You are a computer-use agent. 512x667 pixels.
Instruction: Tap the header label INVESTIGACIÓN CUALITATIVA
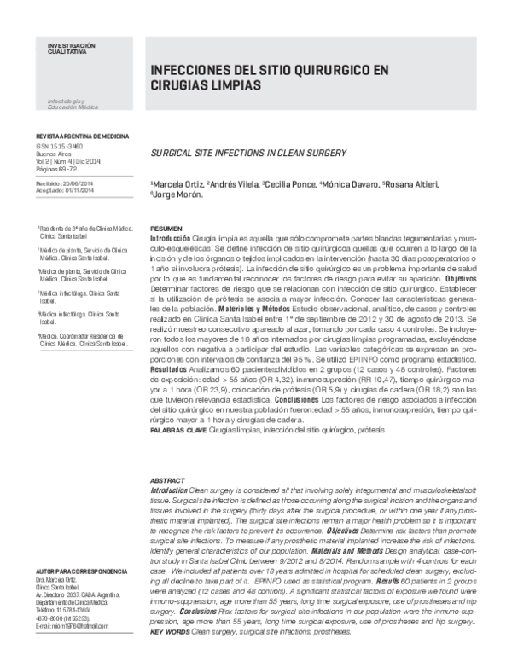tap(59, 47)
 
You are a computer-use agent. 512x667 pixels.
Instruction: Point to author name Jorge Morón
tap(178, 195)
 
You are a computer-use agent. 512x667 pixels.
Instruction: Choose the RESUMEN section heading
tap(165, 230)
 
